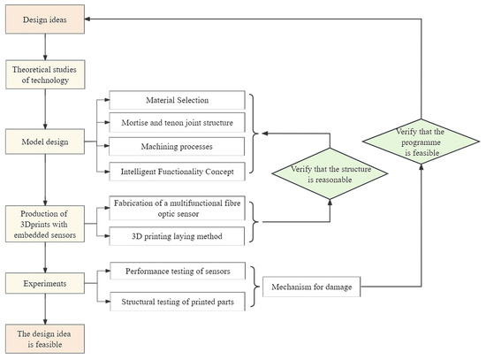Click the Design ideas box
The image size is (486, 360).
click(x=45, y=19)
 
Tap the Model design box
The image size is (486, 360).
click(x=45, y=140)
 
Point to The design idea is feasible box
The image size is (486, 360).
click(x=45, y=337)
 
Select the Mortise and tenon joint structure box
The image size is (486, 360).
click(x=178, y=123)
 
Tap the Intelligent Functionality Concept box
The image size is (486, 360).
click(x=178, y=170)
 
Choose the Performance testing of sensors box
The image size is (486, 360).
click(x=178, y=273)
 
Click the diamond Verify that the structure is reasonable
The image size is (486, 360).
click(x=329, y=168)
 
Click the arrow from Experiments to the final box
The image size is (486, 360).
click(x=45, y=310)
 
